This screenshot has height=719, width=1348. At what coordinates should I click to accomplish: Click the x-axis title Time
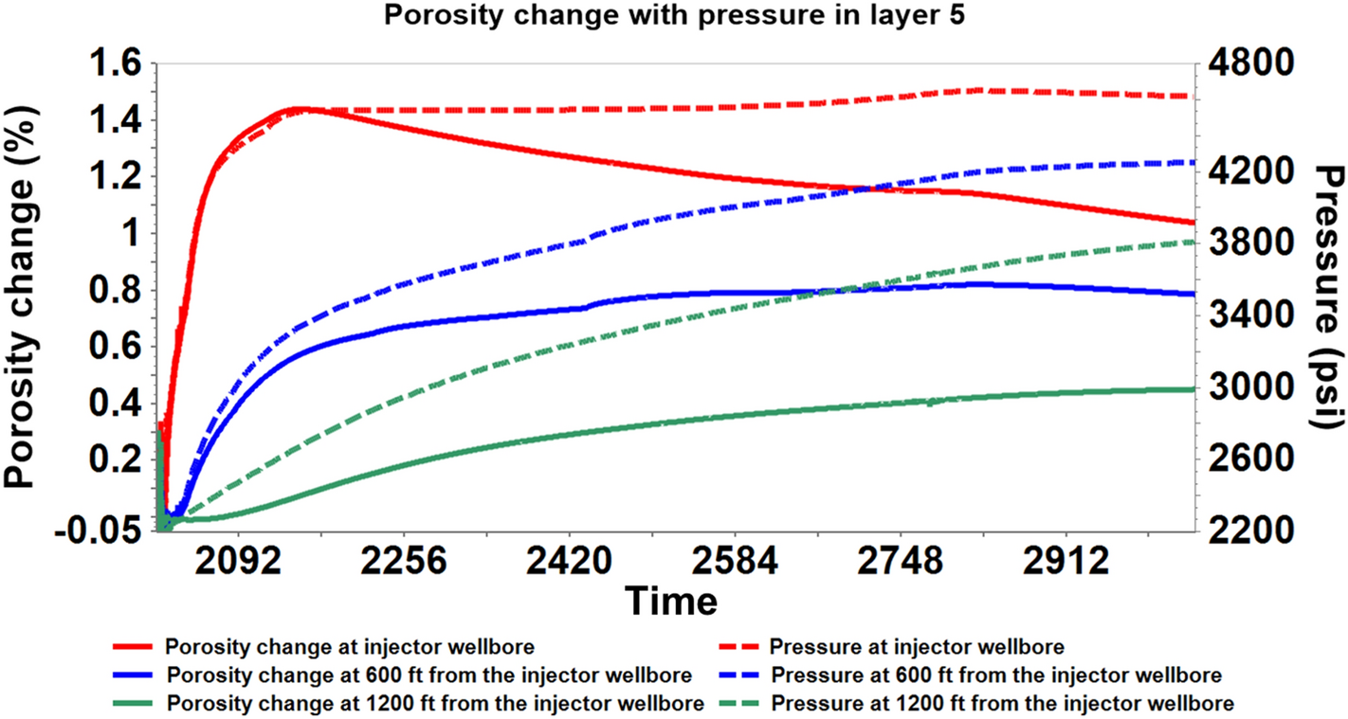click(x=670, y=600)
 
